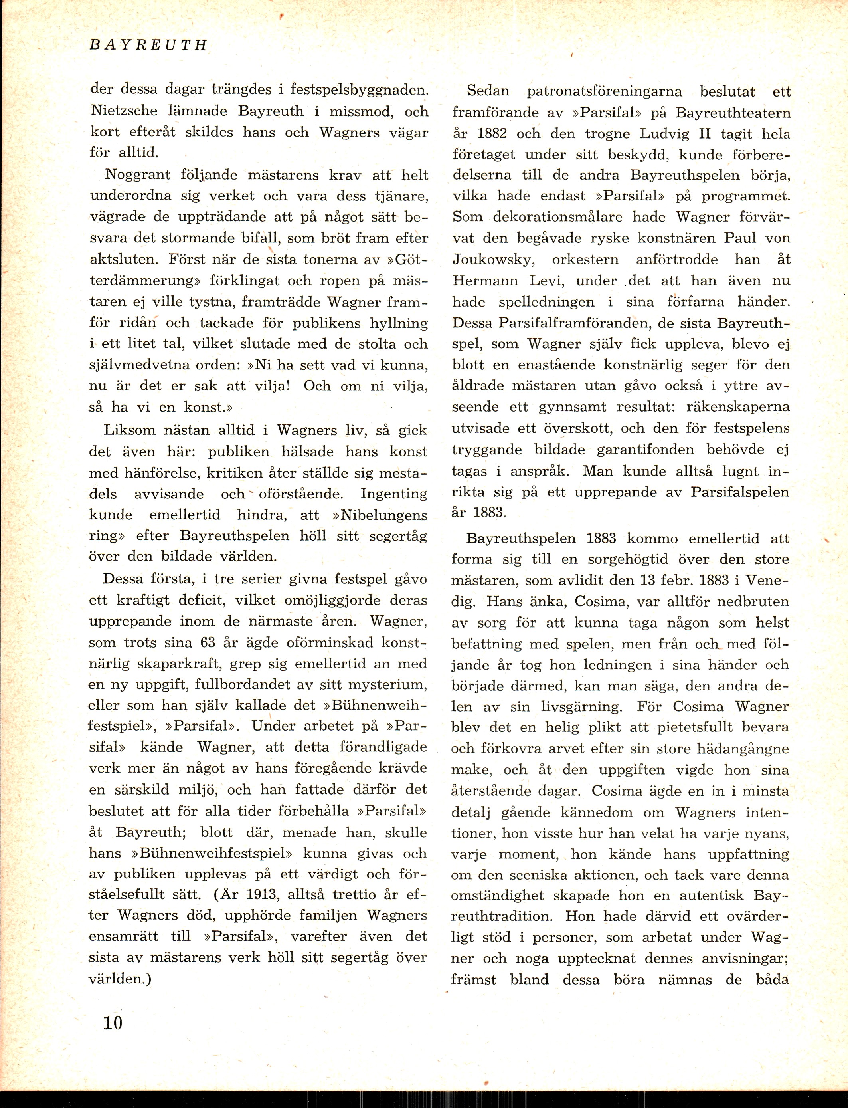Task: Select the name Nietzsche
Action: pyautogui.click(x=124, y=111)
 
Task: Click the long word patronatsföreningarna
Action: pyautogui.click(x=605, y=91)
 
